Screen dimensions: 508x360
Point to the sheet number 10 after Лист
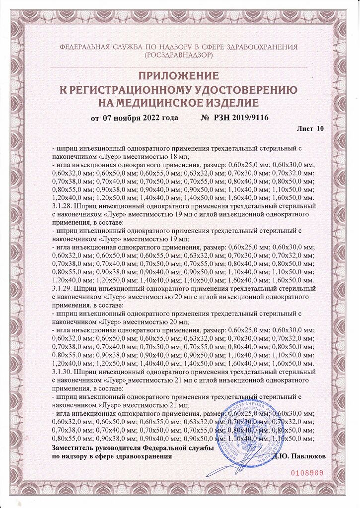point(319,128)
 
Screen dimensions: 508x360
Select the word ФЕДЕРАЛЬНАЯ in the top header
point(83,47)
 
